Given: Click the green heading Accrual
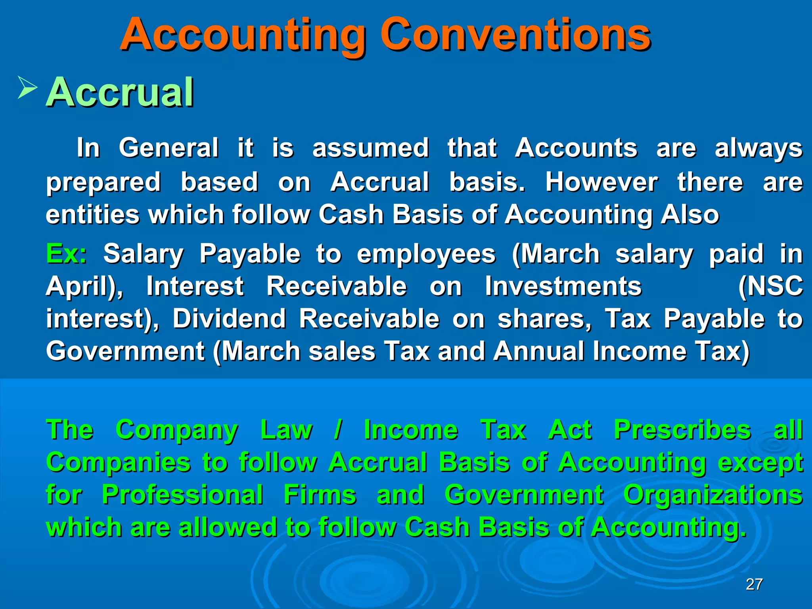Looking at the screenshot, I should coord(120,92).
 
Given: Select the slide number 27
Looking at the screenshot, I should coord(754,584).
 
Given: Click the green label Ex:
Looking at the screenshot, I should coord(66,254).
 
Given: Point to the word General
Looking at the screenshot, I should coord(169,148).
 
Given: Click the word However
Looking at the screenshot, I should coord(601,182).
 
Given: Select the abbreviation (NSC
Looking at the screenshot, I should coord(770,286).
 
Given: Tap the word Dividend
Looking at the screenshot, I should coord(229,319).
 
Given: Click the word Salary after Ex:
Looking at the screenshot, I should coord(143,254).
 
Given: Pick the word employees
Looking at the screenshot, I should coord(426,254).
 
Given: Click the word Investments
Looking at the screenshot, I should coord(563,286).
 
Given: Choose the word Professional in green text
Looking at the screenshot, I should coord(182,495).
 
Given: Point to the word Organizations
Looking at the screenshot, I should coord(713,495).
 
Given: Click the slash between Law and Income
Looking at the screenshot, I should coord(338,430).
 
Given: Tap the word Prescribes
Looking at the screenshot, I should coord(682,430).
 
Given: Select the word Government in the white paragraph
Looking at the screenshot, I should coord(125,351).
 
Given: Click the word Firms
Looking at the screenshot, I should coord(320,495).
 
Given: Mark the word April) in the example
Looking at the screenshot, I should coord(84,286).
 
